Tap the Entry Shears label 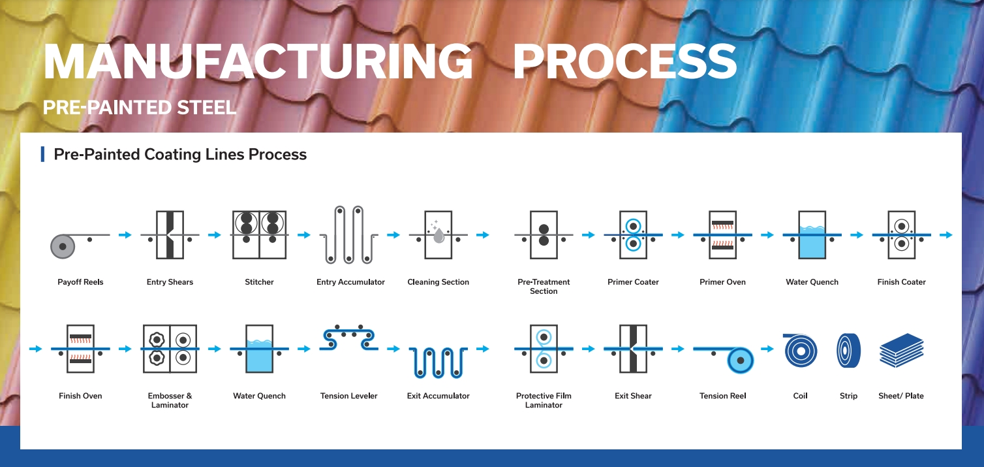(x=170, y=282)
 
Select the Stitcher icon (x=259, y=235)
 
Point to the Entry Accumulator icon (x=349, y=235)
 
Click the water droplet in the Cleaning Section (x=438, y=236)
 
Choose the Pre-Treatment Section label (x=544, y=286)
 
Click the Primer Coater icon (x=633, y=235)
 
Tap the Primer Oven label (x=722, y=282)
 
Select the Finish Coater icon (x=901, y=235)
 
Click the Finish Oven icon (x=80, y=349)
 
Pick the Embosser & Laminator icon (x=170, y=349)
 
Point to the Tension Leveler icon (x=349, y=338)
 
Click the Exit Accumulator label (x=438, y=396)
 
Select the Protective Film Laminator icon (x=544, y=349)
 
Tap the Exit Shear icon (x=633, y=349)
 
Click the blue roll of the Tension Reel (x=740, y=361)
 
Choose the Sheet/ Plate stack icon (x=901, y=350)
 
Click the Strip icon (x=848, y=351)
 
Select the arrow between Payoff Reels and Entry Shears (x=125, y=235)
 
